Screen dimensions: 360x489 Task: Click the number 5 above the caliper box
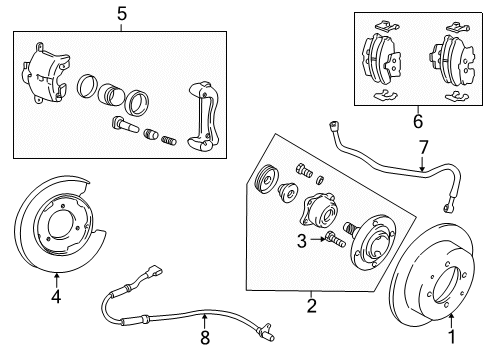tap(121, 15)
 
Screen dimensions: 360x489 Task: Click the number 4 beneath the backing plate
tap(57, 295)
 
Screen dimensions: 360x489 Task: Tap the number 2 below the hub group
tap(311, 304)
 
